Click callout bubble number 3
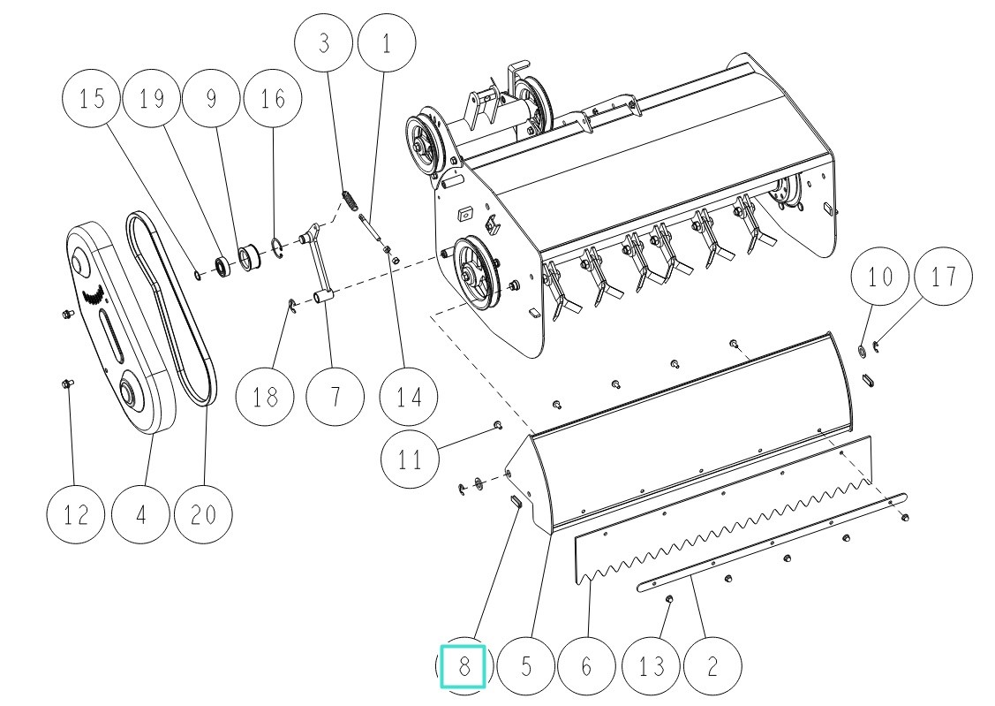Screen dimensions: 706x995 click(x=324, y=43)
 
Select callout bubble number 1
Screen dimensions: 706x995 click(x=385, y=43)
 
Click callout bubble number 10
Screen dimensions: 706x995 click(x=880, y=277)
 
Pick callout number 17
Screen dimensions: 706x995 click(x=942, y=277)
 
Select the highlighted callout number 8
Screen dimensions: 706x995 click(x=464, y=665)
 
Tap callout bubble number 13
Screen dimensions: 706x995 click(x=652, y=665)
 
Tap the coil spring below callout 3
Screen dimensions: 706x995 click(x=351, y=201)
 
